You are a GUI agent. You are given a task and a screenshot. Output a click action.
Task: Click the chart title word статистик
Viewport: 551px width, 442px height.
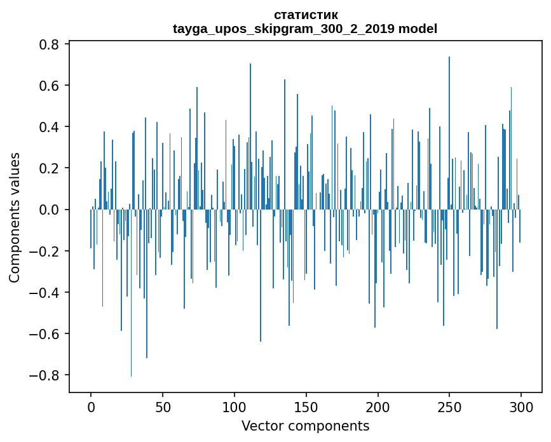(305, 15)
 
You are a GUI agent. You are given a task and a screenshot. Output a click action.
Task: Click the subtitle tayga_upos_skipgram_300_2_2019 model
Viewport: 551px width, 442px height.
(305, 29)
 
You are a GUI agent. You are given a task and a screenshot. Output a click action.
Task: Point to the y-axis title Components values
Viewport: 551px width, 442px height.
(14, 217)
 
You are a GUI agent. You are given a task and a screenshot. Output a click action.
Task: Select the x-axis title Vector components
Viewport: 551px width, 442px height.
(305, 425)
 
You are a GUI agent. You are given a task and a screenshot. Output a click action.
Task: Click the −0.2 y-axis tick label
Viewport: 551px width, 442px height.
(46, 251)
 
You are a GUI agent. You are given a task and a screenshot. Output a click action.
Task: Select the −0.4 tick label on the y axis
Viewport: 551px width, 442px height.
(46, 292)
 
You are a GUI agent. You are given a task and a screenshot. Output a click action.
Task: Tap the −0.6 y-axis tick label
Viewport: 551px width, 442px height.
(46, 333)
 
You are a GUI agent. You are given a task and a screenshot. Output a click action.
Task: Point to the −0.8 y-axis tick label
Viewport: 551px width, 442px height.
(46, 375)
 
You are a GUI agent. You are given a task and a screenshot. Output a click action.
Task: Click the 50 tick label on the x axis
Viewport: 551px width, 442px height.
(163, 406)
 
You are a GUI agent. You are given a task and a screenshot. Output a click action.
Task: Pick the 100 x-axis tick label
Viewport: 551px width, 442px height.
(235, 406)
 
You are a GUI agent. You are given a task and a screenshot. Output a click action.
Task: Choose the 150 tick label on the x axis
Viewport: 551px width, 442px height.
(306, 406)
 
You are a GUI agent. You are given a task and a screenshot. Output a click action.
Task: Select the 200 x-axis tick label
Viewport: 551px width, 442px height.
(378, 406)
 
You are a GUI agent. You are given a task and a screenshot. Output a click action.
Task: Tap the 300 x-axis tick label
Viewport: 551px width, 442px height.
(522, 406)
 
